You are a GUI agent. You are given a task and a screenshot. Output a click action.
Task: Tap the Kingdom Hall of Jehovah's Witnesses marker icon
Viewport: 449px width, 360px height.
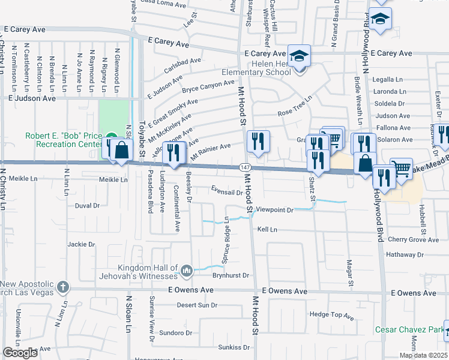(186, 272)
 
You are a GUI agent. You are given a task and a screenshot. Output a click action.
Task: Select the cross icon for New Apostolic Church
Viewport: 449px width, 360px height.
(62, 287)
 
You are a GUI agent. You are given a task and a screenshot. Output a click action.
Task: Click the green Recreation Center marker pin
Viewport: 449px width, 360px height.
(111, 136)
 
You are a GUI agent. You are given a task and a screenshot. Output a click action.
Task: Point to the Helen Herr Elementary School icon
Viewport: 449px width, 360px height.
(299, 56)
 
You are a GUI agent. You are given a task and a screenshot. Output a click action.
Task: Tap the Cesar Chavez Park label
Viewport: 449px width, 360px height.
(411, 329)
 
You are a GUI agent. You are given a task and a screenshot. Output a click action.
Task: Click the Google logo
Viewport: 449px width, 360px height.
(20, 353)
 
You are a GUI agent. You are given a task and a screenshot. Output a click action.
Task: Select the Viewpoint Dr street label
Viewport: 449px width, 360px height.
(274, 210)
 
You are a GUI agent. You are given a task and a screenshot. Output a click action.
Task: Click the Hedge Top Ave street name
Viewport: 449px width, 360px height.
(332, 314)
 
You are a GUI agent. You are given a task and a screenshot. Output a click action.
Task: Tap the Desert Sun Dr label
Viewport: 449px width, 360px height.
(197, 305)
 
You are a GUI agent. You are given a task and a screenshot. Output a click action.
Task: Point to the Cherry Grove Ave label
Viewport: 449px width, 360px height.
(414, 239)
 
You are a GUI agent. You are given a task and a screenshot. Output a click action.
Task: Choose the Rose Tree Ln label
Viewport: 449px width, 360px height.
(295, 106)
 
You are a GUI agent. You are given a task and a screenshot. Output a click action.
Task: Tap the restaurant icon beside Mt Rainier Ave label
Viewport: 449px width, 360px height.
(175, 155)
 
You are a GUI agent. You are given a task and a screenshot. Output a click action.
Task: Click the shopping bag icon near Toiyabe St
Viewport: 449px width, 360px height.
(121, 150)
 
